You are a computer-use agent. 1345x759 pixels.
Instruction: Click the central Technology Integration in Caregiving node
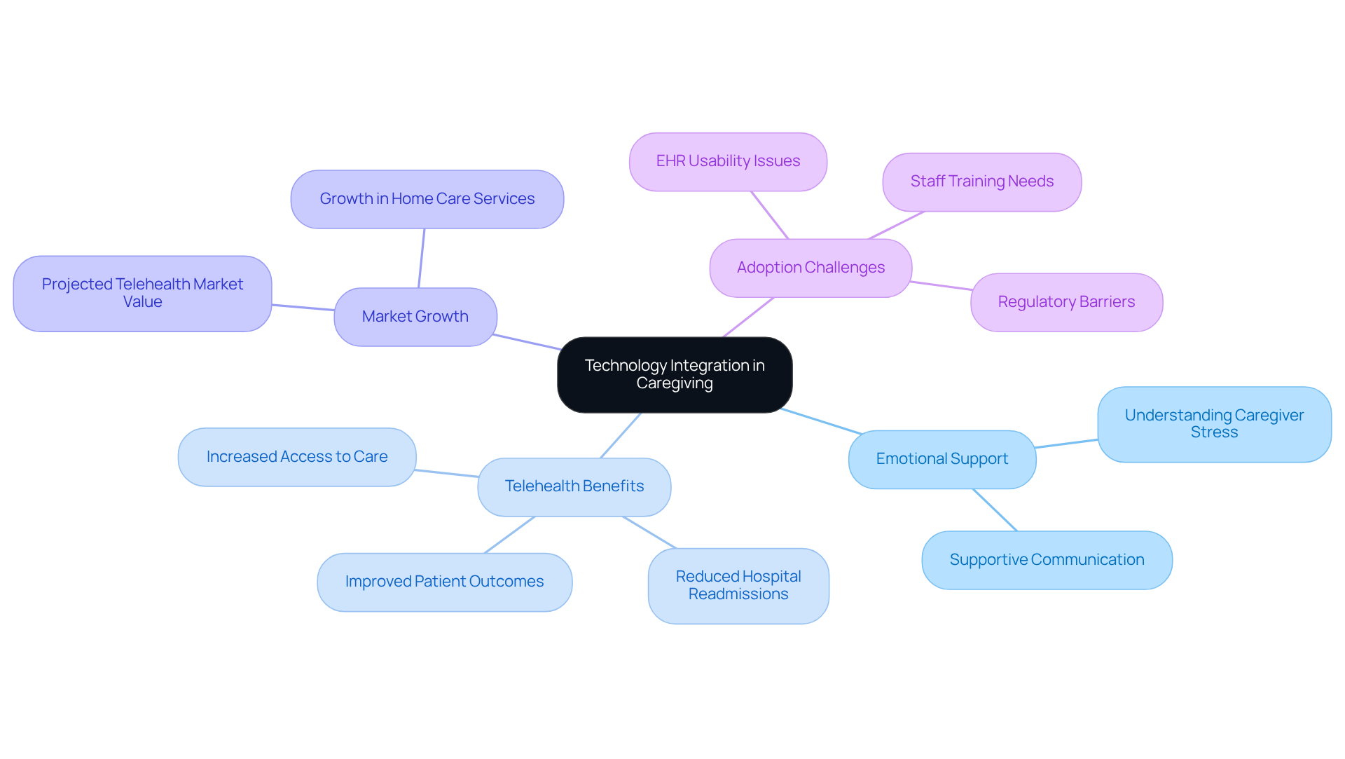coord(675,374)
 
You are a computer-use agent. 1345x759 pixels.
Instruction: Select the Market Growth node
coord(415,317)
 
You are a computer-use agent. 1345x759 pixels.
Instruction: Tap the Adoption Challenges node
coord(811,268)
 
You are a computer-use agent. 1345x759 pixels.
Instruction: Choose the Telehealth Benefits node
coord(574,486)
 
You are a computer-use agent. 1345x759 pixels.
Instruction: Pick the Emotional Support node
coord(941,459)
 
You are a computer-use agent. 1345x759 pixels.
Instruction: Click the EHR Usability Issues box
coord(728,161)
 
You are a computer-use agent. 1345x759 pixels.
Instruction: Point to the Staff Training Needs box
coord(981,182)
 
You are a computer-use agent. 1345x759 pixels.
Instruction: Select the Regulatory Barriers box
coord(1066,302)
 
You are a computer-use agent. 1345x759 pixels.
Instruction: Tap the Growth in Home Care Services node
coord(427,199)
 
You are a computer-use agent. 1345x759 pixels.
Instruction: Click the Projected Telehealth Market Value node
coord(142,293)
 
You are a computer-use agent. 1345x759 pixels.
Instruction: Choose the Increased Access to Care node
coord(297,457)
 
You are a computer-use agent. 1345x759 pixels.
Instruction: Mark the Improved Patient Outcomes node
coord(444,582)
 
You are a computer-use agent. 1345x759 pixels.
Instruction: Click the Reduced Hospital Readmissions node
coord(738,585)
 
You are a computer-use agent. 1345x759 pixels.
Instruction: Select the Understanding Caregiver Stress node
coord(1214,424)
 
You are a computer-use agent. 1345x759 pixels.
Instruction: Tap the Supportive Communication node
coord(1047,560)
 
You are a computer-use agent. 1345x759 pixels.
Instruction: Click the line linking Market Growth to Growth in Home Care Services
coord(422,258)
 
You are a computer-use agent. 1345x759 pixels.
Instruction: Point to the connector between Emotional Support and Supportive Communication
coord(995,510)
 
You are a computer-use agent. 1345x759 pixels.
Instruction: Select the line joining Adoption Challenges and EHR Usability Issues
coord(770,215)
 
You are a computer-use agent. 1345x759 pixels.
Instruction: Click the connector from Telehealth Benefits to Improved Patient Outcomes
coord(509,535)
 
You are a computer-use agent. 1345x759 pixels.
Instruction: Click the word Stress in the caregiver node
coord(1214,432)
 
